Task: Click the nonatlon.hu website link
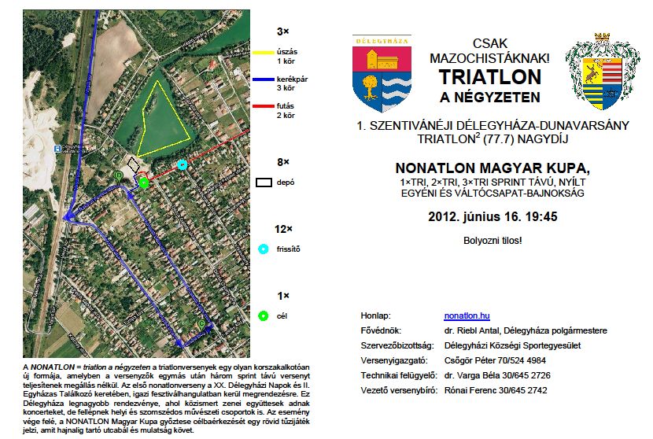coord(467,315)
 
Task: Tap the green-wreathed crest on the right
coord(603,72)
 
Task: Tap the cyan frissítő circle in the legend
coord(264,249)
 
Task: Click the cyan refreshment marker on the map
coord(183,164)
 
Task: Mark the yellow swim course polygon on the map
coord(164,118)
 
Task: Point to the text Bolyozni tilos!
coord(493,240)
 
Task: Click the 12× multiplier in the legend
coord(283,229)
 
